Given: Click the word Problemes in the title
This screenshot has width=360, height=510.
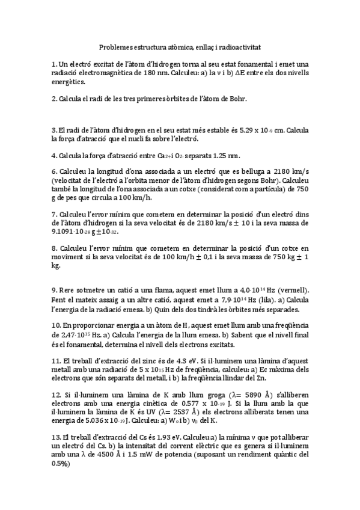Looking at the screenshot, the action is [x=116, y=46].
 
